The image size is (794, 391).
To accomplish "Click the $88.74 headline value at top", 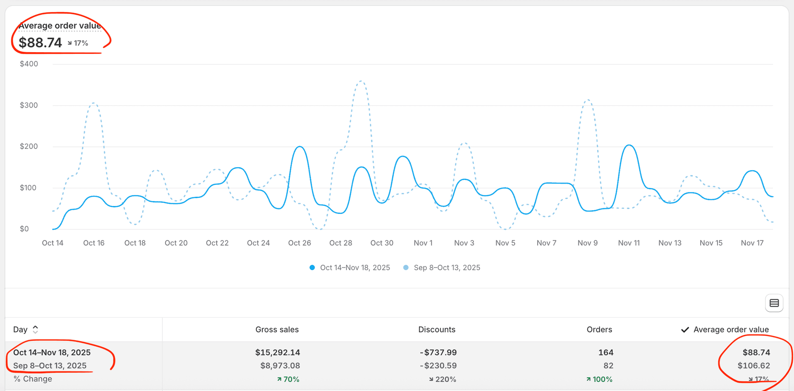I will pyautogui.click(x=40, y=43).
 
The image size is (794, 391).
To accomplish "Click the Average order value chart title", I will pyautogui.click(x=60, y=26).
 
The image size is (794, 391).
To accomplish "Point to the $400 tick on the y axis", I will pyautogui.click(x=29, y=64).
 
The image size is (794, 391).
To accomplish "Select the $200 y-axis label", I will pyautogui.click(x=29, y=146).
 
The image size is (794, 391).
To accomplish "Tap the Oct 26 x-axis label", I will pyautogui.click(x=299, y=243).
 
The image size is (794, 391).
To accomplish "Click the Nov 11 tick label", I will pyautogui.click(x=629, y=243).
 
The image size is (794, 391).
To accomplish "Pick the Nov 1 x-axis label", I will pyautogui.click(x=423, y=243).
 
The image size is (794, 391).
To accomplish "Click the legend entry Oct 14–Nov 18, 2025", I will pyautogui.click(x=354, y=268).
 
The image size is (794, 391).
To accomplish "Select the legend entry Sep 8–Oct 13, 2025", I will pyautogui.click(x=447, y=268).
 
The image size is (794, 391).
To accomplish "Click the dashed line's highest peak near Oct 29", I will pyautogui.click(x=361, y=81).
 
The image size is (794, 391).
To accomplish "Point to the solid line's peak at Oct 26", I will pyautogui.click(x=300, y=146).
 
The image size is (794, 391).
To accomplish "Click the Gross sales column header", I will pyautogui.click(x=277, y=329).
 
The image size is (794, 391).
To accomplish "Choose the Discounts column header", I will pyautogui.click(x=437, y=329).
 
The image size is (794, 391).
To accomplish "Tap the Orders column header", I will pyautogui.click(x=599, y=329).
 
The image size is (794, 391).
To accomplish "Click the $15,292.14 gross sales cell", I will pyautogui.click(x=277, y=353).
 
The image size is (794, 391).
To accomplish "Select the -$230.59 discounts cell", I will pyautogui.click(x=438, y=366).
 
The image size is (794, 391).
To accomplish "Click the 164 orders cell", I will pyautogui.click(x=605, y=353).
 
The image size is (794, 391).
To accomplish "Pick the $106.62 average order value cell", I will pyautogui.click(x=753, y=366).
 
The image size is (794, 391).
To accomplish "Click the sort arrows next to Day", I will pyautogui.click(x=36, y=329).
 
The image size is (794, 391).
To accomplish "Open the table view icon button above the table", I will pyautogui.click(x=774, y=303).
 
